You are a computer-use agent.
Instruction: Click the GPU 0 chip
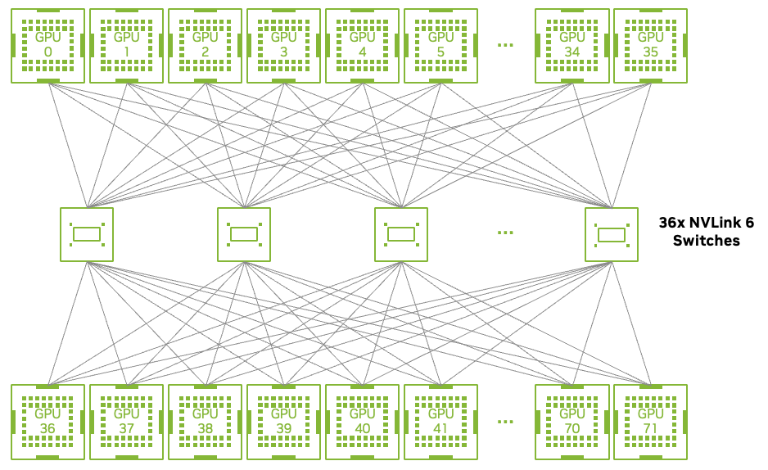point(48,45)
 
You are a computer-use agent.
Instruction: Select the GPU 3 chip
point(284,45)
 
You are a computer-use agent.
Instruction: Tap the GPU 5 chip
point(441,45)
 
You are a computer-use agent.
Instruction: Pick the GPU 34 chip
point(572,45)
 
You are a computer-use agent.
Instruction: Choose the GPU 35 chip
point(651,45)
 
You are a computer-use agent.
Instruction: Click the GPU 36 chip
point(48,421)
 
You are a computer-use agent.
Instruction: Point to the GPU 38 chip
point(206,421)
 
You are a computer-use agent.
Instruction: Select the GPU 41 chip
point(441,421)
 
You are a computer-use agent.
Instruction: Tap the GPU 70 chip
point(572,421)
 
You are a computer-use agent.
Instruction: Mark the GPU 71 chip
point(651,421)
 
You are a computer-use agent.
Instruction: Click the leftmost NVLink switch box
point(87,234)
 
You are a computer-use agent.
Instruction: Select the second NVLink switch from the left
point(244,234)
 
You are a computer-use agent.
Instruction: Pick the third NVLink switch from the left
point(401,234)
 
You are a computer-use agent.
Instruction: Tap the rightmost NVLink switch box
point(612,234)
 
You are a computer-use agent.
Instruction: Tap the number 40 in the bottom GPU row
point(363,428)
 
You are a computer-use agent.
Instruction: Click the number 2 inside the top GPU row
point(206,52)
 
